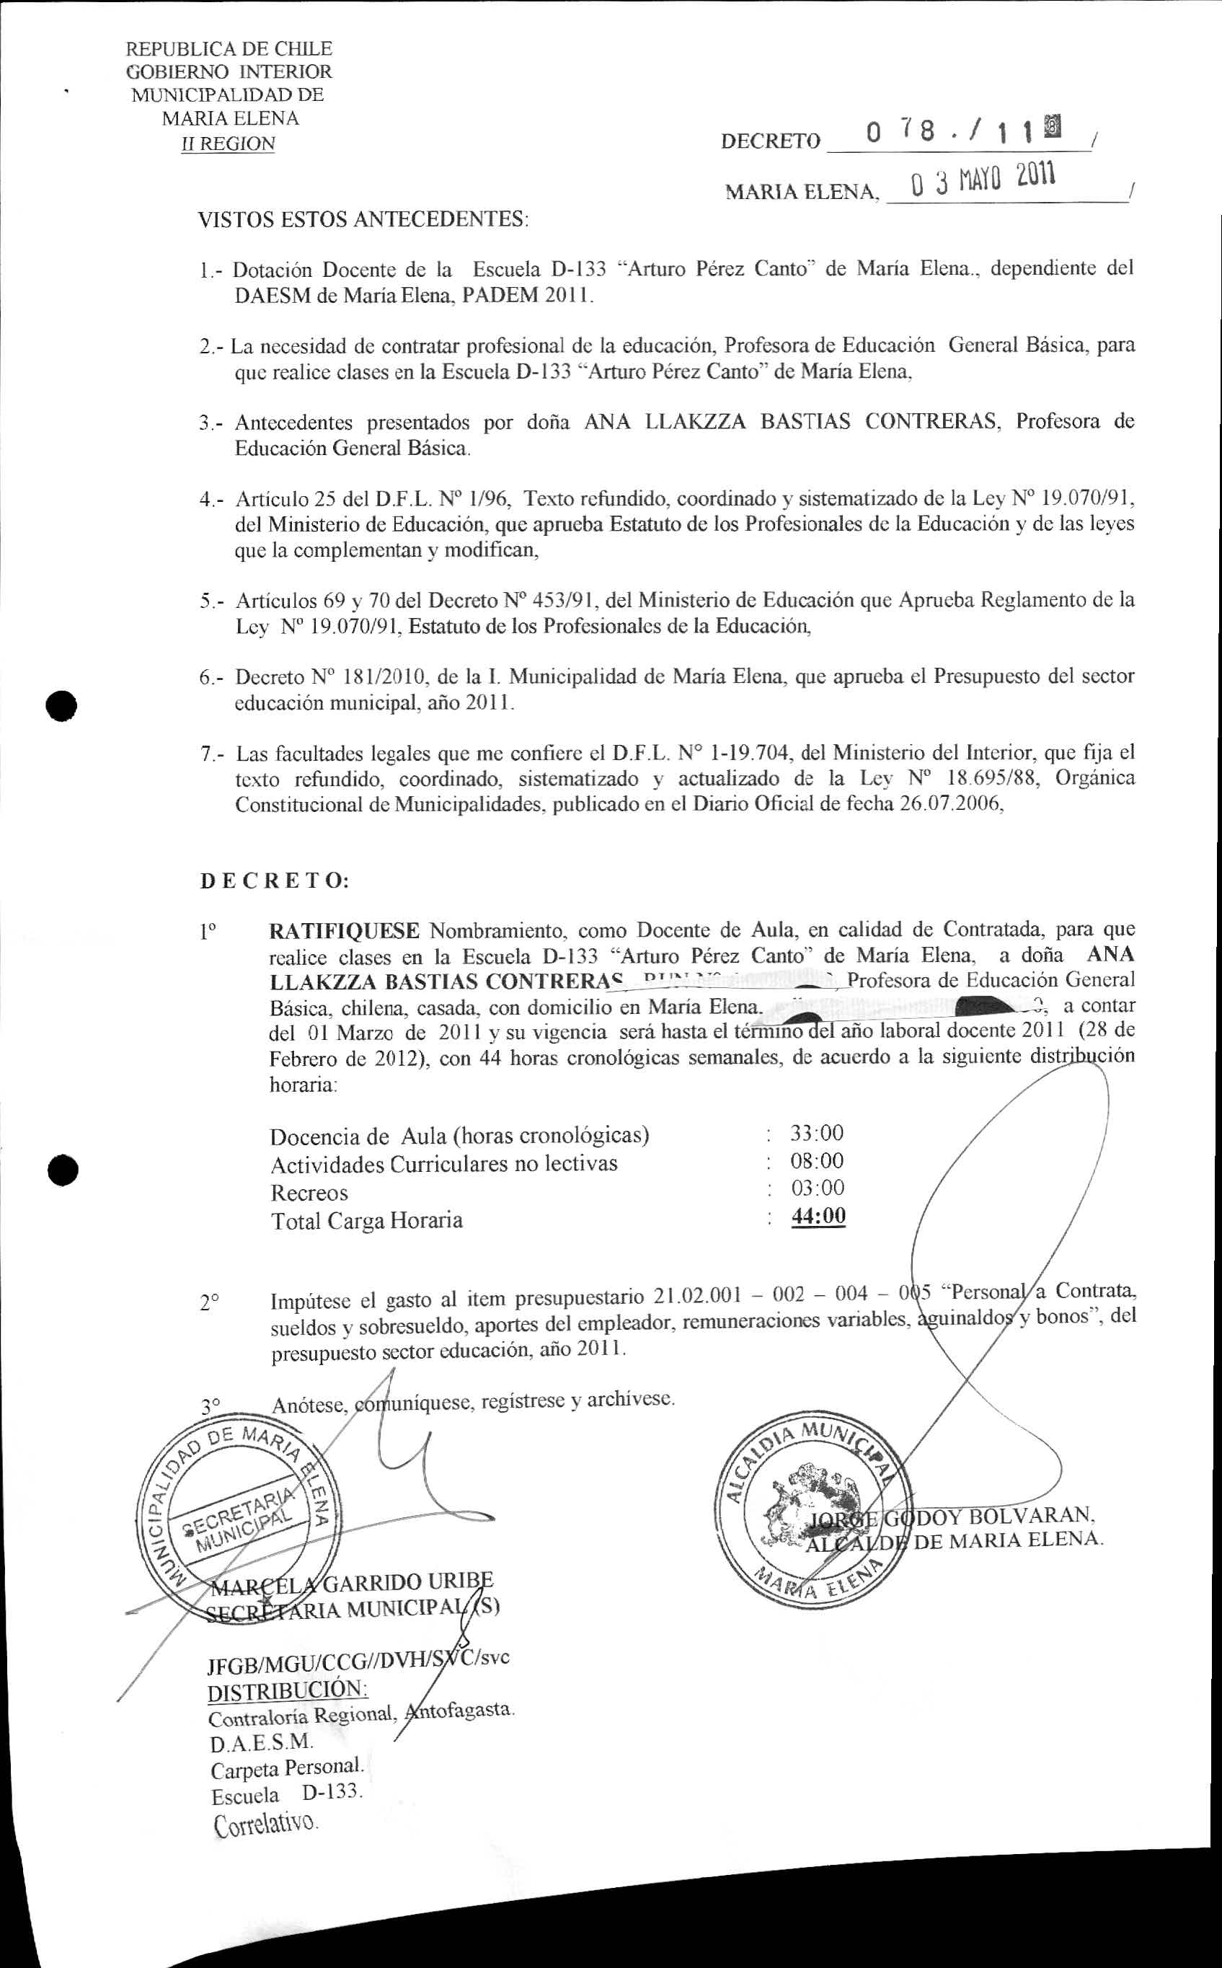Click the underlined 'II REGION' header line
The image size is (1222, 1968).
click(229, 144)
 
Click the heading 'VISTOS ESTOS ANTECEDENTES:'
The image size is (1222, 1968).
click(363, 219)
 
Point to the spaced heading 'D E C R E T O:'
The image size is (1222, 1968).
click(274, 880)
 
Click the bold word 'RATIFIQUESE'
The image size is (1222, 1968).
click(343, 931)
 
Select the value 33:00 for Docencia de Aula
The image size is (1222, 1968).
click(817, 1133)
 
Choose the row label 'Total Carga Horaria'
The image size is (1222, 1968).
click(366, 1219)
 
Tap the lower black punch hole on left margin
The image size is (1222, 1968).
click(61, 1170)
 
